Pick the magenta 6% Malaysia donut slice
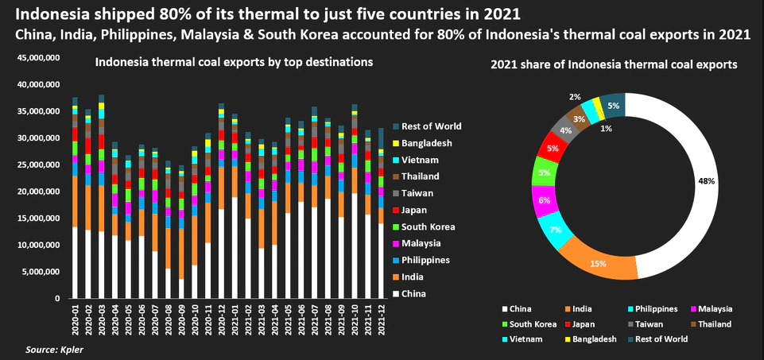[x=543, y=200]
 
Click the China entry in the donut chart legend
[x=519, y=308]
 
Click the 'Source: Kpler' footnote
[x=52, y=350]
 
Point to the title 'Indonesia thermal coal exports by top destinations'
[x=234, y=61]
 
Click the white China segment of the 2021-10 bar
[x=355, y=246]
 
